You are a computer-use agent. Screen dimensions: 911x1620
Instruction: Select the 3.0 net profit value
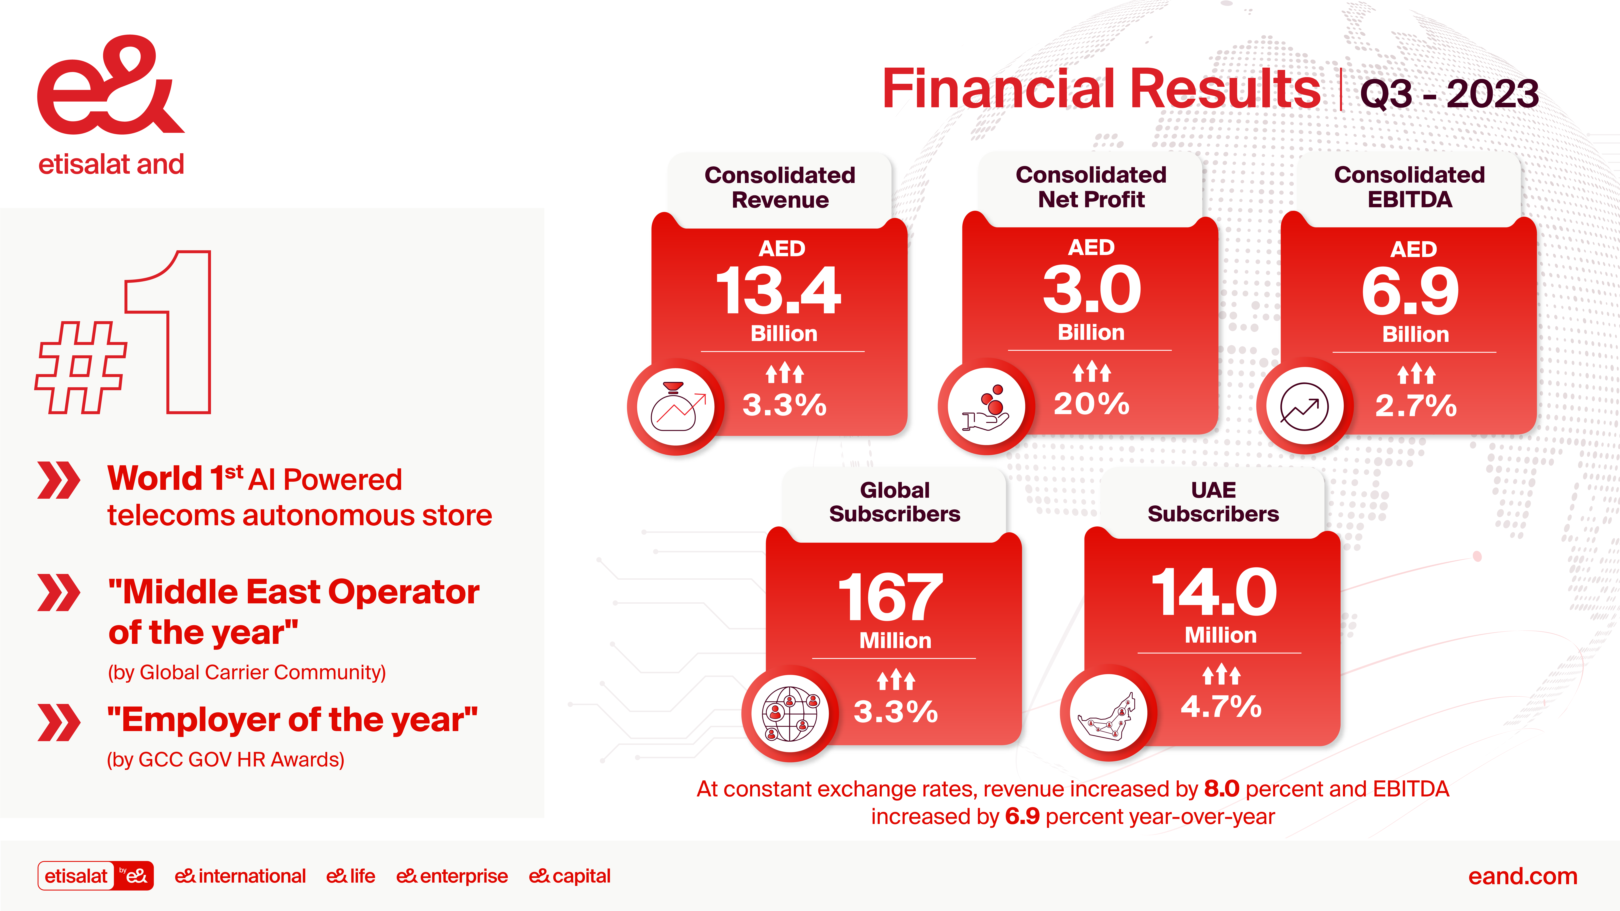(1092, 289)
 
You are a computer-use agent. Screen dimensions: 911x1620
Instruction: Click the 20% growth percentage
(1092, 404)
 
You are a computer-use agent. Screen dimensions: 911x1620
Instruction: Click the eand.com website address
(1523, 876)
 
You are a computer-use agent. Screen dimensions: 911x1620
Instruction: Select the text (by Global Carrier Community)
(247, 672)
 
